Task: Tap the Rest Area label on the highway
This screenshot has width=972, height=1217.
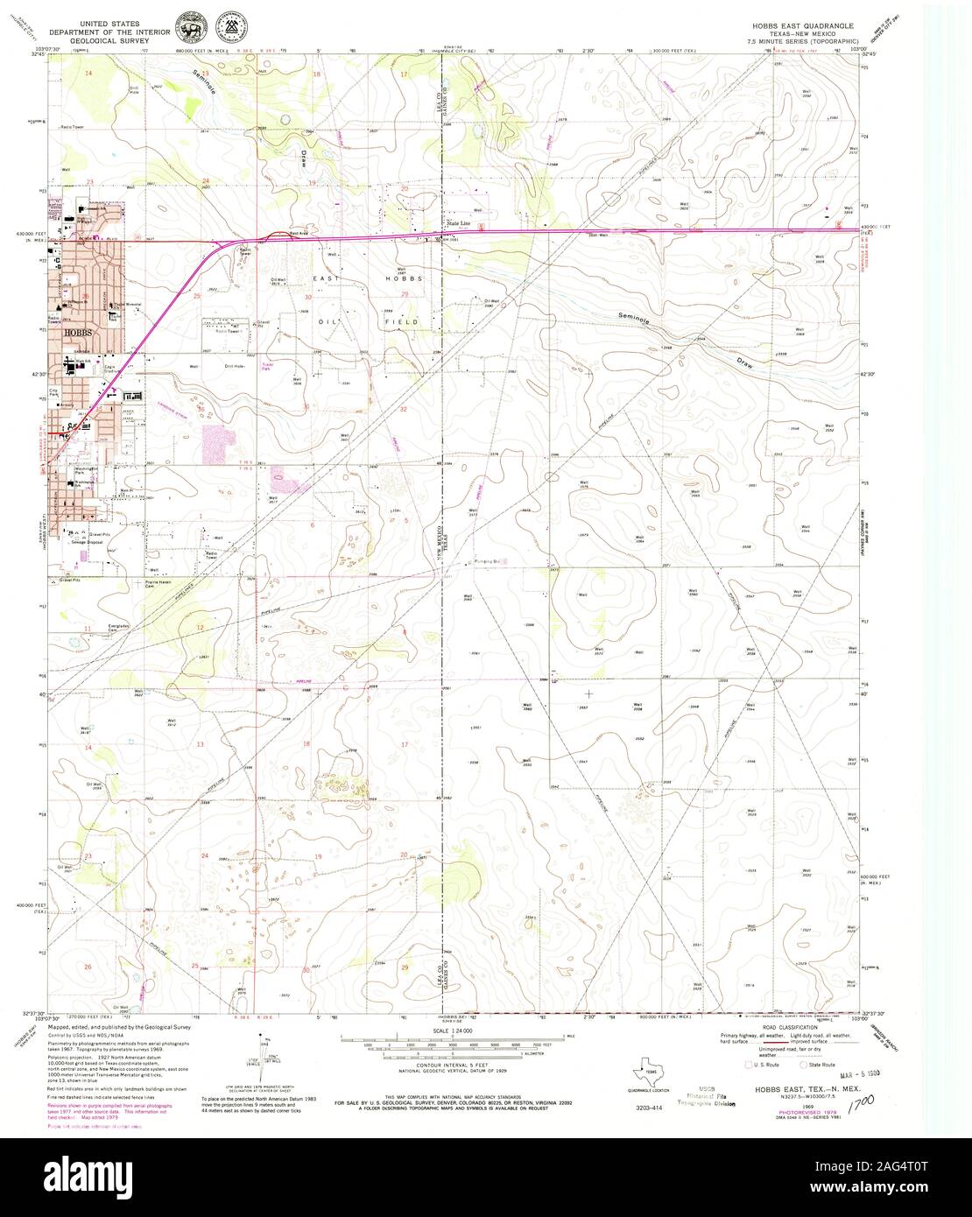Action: click(x=299, y=234)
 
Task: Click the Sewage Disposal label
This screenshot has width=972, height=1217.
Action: click(x=88, y=543)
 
